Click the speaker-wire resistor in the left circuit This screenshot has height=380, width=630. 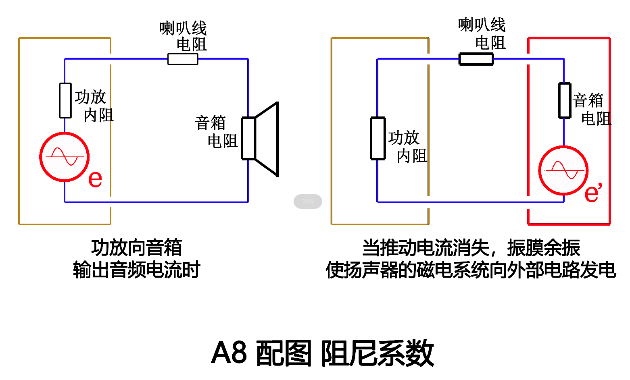(183, 59)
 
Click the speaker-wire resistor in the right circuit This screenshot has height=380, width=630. (476, 59)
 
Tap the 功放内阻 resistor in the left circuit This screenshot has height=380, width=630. (65, 101)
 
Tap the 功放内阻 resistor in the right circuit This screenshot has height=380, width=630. (378, 138)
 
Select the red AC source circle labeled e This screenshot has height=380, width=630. (65, 157)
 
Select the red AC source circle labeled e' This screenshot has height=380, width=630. (563, 170)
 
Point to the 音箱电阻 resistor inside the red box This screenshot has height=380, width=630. (565, 100)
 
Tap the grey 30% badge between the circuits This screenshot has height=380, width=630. (308, 201)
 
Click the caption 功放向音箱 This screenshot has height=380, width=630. (137, 247)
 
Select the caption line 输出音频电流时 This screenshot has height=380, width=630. (137, 270)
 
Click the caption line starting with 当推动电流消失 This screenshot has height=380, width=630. (471, 247)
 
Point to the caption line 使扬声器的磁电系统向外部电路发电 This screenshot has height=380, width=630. (471, 270)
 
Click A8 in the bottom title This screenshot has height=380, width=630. (229, 353)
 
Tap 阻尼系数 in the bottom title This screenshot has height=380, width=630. (377, 353)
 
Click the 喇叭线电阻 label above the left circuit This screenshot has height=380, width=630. (184, 36)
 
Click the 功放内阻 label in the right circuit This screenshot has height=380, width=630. (407, 147)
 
